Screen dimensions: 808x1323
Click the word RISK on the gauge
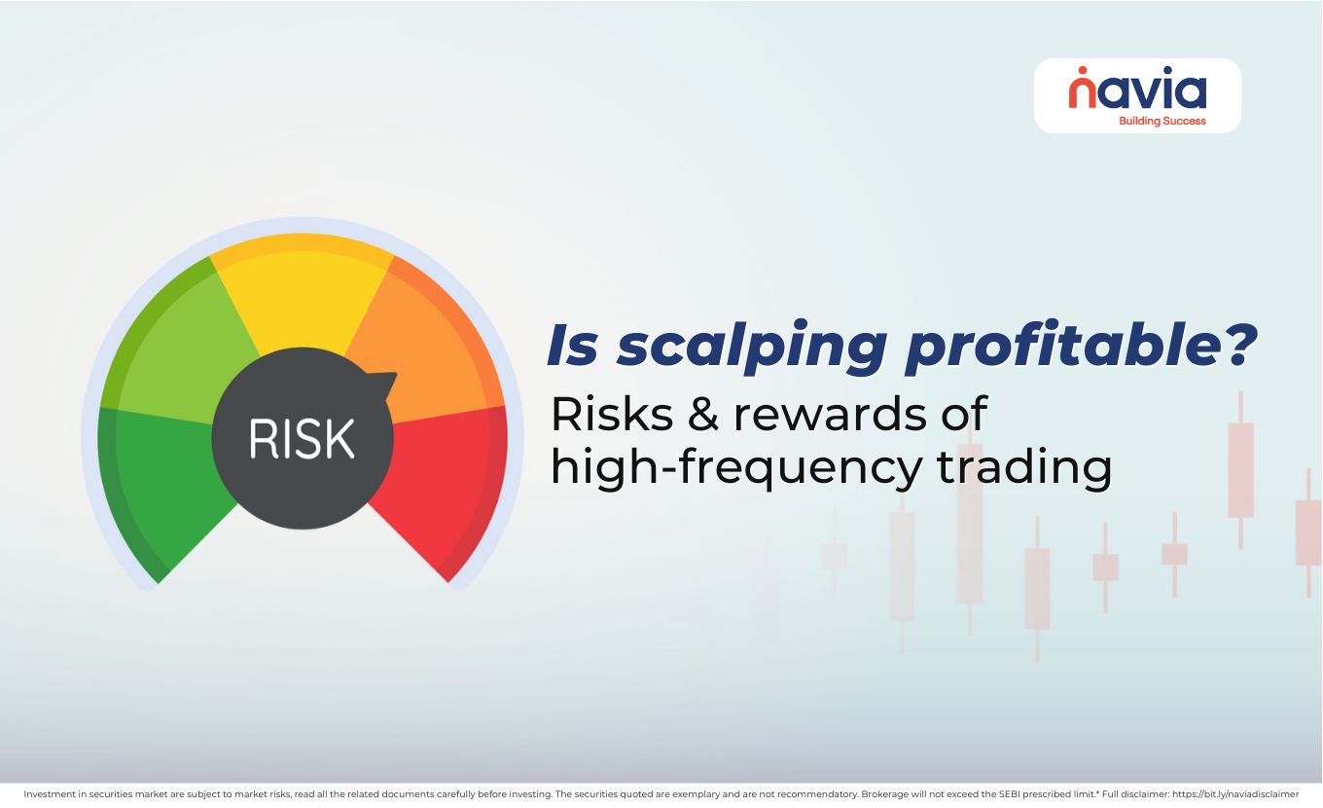[x=302, y=439]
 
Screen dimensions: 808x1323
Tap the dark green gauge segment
[x=165, y=487]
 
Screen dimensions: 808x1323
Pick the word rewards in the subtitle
[x=822, y=415]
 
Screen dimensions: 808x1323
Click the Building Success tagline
[x=1162, y=121]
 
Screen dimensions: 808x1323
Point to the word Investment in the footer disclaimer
[x=49, y=794]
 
